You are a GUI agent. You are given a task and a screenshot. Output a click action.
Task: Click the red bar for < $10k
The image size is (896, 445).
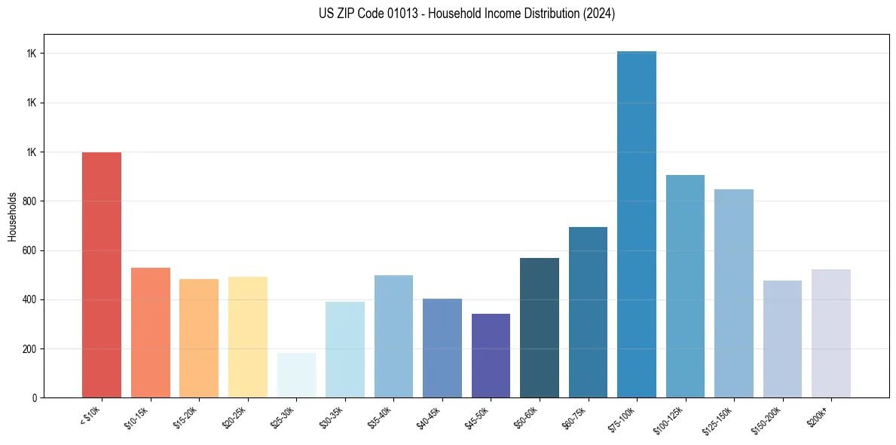click(x=102, y=275)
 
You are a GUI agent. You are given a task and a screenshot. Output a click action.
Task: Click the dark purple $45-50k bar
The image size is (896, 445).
click(x=491, y=355)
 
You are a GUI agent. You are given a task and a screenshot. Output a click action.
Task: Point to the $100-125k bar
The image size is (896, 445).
click(x=685, y=286)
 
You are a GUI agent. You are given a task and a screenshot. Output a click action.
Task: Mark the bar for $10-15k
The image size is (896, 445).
click(x=151, y=333)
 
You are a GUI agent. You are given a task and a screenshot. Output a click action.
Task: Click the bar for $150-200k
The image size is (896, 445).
click(x=782, y=339)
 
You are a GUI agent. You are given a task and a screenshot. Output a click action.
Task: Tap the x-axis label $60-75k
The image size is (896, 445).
click(x=574, y=416)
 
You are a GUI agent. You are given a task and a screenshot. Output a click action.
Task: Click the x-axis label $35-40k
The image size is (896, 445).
click(x=380, y=416)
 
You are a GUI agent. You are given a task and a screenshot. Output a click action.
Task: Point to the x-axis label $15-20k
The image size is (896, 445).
click(x=185, y=416)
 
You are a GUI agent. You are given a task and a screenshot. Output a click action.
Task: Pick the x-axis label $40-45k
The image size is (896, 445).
click(x=428, y=416)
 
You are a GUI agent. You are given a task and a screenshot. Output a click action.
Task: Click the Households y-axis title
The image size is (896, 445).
click(x=12, y=216)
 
